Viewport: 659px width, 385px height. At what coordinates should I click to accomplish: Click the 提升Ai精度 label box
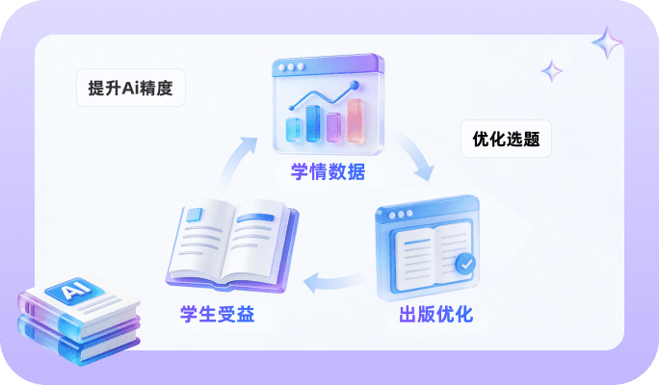tap(130, 89)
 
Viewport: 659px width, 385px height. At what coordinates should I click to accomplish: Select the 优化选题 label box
tap(506, 140)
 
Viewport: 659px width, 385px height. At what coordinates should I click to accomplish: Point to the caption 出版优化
tap(435, 315)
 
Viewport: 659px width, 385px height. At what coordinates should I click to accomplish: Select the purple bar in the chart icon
tap(334, 127)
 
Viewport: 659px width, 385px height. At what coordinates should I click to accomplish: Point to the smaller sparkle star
tap(551, 70)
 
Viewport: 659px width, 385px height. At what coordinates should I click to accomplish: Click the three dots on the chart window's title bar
tap(291, 67)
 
